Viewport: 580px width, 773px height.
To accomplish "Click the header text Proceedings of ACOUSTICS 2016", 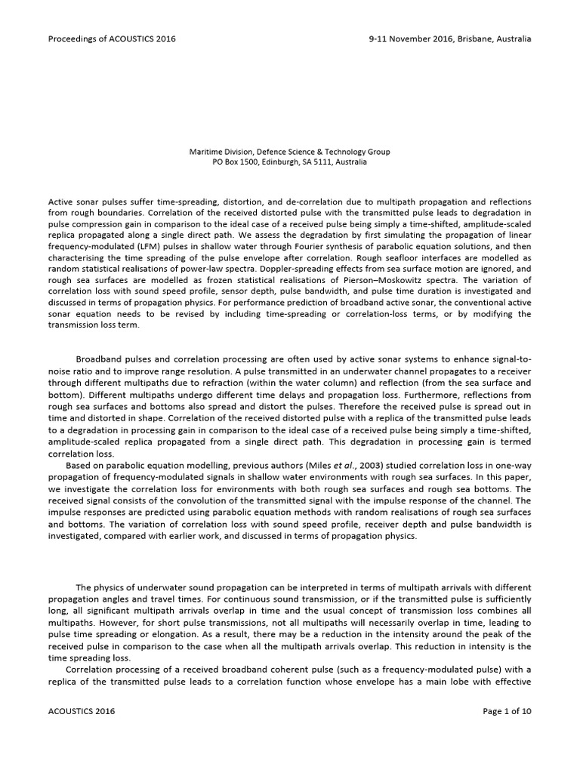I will (x=112, y=38).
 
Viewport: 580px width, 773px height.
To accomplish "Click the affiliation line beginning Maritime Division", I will (x=289, y=152).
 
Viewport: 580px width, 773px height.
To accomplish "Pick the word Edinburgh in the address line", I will (x=289, y=162).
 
